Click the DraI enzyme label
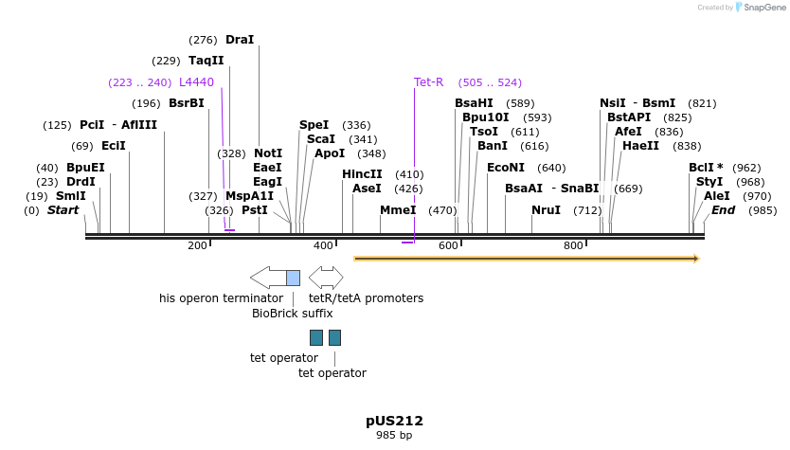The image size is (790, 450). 240,40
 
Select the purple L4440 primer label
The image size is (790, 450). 196,82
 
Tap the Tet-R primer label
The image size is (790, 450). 428,82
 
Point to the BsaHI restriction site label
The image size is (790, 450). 474,103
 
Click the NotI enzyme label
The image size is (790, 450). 268,153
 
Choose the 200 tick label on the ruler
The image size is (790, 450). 197,246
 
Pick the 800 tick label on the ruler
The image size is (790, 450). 573,246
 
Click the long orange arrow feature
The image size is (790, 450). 526,258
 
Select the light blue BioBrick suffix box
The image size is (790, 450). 293,278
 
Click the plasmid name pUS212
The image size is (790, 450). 394,421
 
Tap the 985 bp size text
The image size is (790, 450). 394,436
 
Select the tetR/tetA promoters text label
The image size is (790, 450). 366,298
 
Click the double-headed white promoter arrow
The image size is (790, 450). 326,278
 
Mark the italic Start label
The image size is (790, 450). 63,210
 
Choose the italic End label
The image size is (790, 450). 723,210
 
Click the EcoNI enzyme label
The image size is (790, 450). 505,168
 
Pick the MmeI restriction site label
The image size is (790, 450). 398,210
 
